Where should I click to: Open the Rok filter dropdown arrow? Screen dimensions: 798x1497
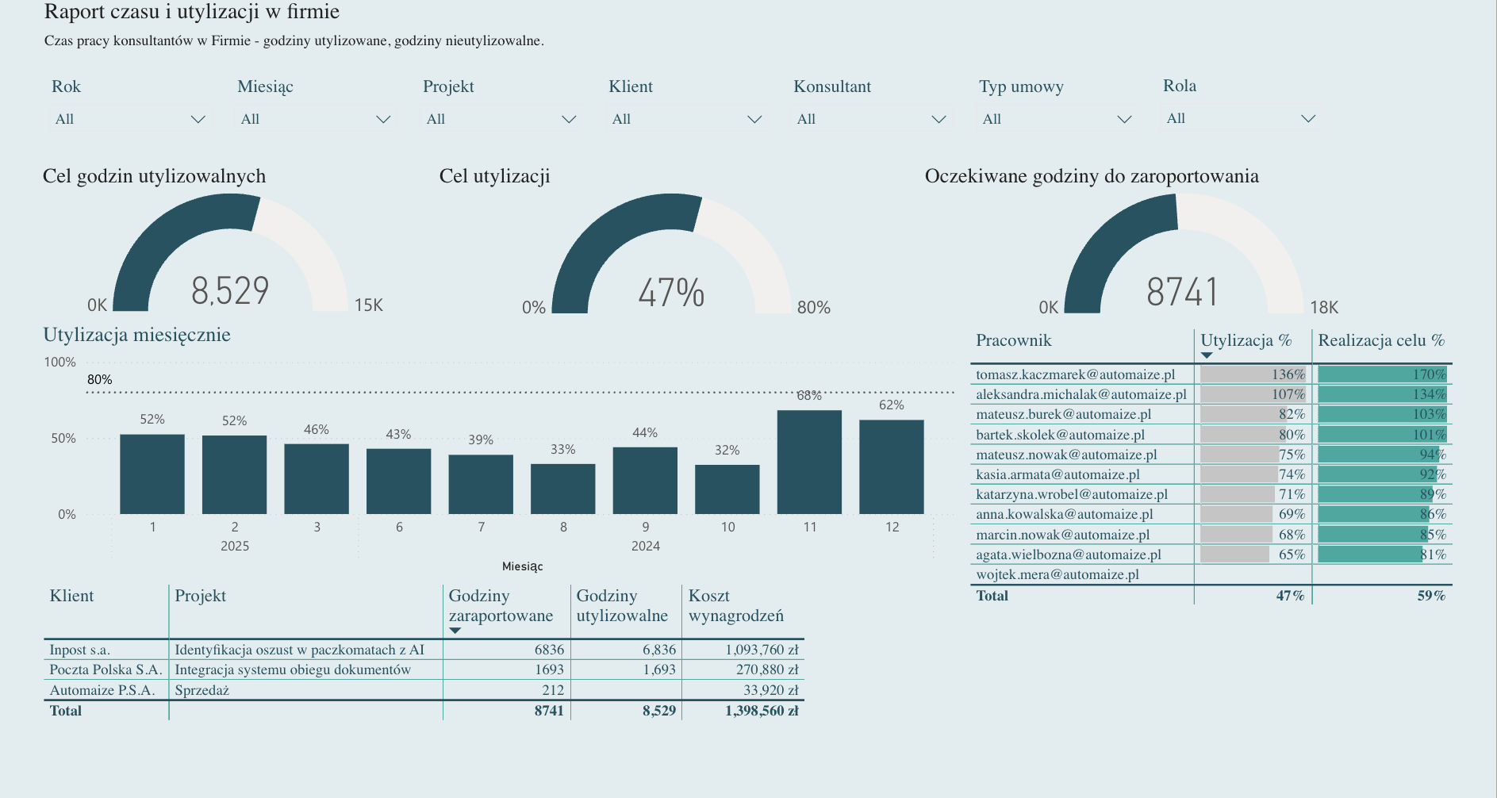click(198, 119)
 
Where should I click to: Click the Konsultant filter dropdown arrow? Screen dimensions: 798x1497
click(939, 119)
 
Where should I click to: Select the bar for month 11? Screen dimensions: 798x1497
click(809, 462)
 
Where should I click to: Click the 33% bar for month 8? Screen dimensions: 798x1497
click(562, 489)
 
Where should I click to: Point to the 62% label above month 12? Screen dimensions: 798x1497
click(891, 405)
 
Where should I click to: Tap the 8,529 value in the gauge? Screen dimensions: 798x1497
click(230, 290)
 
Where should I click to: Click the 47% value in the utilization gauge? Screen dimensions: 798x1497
click(671, 293)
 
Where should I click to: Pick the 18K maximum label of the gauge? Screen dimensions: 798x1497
click(1324, 307)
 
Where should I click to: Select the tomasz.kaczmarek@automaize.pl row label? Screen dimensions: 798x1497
click(1075, 374)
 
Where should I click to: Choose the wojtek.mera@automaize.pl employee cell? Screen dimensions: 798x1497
click(1057, 574)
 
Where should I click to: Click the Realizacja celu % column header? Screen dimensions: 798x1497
click(1381, 340)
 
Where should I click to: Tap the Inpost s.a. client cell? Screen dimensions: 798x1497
click(79, 650)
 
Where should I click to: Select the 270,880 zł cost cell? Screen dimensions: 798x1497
click(766, 669)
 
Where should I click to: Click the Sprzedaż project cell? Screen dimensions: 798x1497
click(202, 690)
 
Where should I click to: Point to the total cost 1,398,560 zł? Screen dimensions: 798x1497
click(761, 711)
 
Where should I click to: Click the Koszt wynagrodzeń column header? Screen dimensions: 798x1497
click(735, 605)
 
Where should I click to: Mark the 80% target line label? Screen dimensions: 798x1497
click(99, 379)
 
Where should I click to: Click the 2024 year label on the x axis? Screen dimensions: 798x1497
click(645, 546)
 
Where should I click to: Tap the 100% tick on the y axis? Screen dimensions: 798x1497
click(59, 362)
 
